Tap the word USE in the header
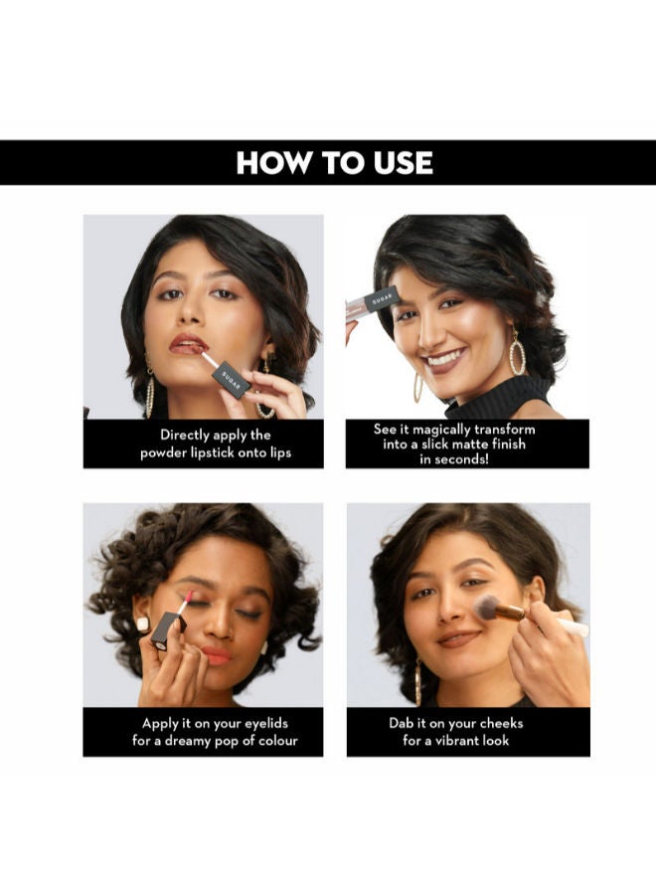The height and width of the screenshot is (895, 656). click(x=404, y=163)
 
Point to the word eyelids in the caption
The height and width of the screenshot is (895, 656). click(x=266, y=724)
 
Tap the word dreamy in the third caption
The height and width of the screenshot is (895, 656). click(x=188, y=742)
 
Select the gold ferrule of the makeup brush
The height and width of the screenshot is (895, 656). click(x=511, y=613)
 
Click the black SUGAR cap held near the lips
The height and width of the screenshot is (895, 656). click(x=231, y=380)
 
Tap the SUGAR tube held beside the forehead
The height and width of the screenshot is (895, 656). click(x=373, y=300)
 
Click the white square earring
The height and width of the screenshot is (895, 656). click(x=142, y=624)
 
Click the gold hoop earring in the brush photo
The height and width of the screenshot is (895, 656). click(x=418, y=682)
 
